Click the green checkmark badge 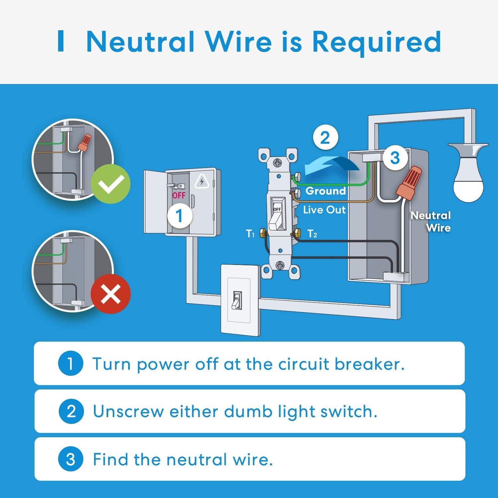tap(111, 184)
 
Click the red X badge tap(111, 294)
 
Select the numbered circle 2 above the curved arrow tap(325, 137)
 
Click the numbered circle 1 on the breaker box tap(179, 216)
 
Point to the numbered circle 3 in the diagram tap(395, 158)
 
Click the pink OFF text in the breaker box tap(179, 195)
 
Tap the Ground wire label tap(325, 191)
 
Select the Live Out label tap(324, 210)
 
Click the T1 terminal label tap(250, 234)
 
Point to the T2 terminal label tap(312, 234)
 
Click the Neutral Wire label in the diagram tap(431, 221)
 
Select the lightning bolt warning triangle tap(201, 182)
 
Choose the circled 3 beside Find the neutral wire tap(70, 459)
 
